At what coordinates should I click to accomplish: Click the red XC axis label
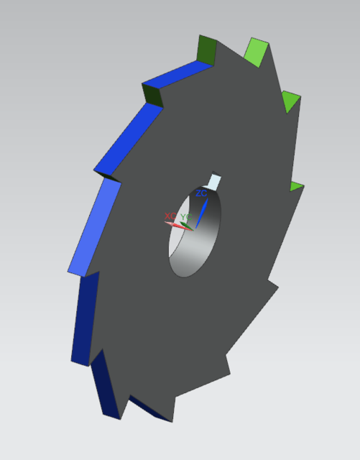[x=170, y=216]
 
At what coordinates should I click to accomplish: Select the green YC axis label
[x=185, y=216]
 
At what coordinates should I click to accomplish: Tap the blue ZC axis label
[x=201, y=193]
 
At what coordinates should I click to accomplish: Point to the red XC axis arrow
[x=175, y=224]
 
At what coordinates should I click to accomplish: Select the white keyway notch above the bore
[x=215, y=180]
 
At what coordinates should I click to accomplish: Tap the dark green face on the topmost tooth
[x=206, y=48]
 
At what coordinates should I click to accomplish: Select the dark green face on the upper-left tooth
[x=153, y=94]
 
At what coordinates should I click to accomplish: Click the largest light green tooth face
[x=256, y=51]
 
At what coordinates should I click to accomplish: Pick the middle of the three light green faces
[x=289, y=102]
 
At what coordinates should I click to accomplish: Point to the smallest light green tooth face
[x=295, y=187]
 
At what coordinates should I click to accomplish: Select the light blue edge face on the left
[x=94, y=227]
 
